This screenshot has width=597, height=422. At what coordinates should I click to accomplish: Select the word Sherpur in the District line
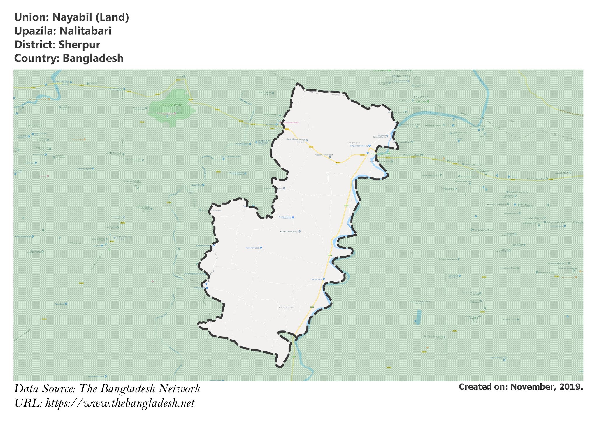[x=79, y=45]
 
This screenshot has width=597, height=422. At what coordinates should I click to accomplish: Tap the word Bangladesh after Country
[x=93, y=58]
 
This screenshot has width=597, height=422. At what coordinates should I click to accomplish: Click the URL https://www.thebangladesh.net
[x=120, y=403]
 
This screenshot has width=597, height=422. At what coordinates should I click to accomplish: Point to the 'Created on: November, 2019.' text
[x=521, y=387]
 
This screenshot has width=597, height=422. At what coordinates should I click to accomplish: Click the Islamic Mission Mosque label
[x=295, y=140]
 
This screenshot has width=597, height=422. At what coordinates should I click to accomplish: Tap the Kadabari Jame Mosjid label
[x=324, y=155]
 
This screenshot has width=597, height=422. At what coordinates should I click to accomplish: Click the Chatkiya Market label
[x=285, y=217]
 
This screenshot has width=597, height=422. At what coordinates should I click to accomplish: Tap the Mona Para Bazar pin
[x=261, y=248]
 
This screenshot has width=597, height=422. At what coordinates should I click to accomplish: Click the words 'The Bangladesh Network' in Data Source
[x=139, y=389]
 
